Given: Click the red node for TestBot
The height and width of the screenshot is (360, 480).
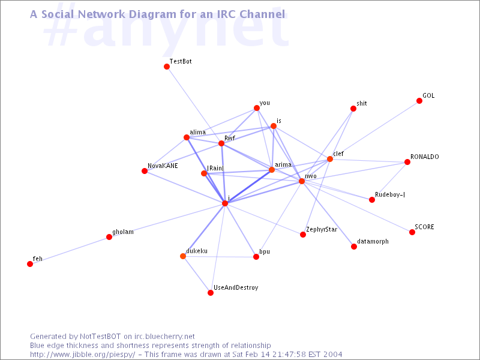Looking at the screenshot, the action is [167, 67].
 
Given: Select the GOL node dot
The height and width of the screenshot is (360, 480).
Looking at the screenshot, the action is [419, 101].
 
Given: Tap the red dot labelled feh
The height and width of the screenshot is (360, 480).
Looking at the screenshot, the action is [30, 264].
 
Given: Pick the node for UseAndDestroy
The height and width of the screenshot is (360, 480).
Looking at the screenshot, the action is [211, 293].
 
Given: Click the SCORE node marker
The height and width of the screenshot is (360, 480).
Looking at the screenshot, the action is [412, 232].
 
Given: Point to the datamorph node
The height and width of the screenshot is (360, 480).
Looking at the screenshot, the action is [354, 247].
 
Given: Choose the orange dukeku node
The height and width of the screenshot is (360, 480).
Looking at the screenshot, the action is [183, 256].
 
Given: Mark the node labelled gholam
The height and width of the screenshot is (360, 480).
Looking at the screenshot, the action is [109, 237].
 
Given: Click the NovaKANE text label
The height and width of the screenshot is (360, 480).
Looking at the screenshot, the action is [163, 166].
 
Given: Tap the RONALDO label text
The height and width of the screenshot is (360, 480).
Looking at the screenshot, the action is [425, 157].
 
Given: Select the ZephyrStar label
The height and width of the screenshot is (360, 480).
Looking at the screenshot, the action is [322, 230].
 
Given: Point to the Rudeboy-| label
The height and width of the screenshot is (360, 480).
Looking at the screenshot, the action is [390, 194].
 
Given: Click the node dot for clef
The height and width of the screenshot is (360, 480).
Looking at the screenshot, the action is [330, 159].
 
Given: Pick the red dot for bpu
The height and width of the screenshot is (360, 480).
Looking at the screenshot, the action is [256, 257].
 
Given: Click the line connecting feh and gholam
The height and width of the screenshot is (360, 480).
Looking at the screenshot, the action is [70, 250].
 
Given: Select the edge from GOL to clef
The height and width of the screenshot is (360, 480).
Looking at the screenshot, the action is [374, 130].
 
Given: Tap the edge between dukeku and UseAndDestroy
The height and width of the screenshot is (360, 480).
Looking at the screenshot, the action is [197, 275].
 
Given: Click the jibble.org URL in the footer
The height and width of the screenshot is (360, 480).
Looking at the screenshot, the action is [82, 355].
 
